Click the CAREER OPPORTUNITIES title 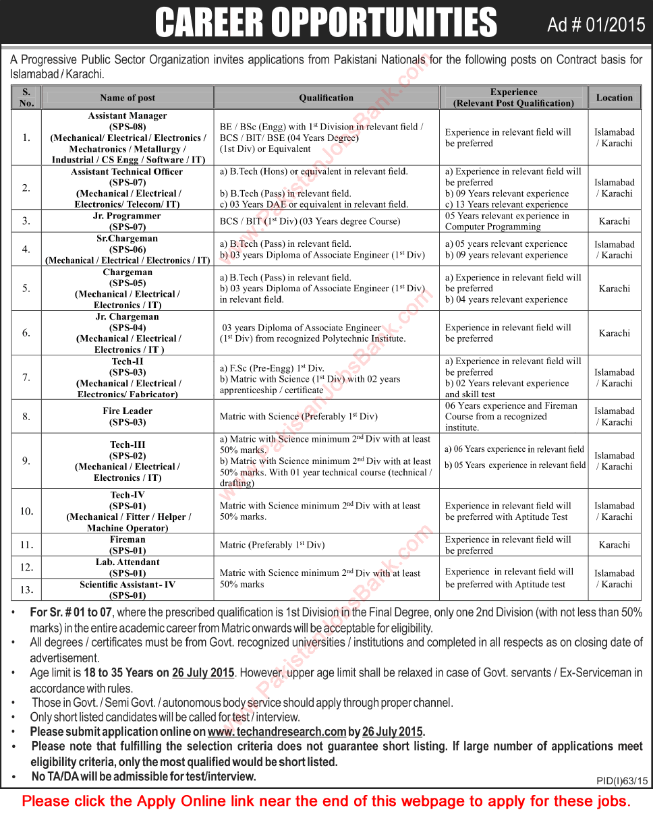pyautogui.click(x=326, y=23)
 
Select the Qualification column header pyautogui.click(x=326, y=98)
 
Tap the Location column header pyautogui.click(x=614, y=98)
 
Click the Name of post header pyautogui.click(x=127, y=98)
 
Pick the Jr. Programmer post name pyautogui.click(x=127, y=216)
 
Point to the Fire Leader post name pyautogui.click(x=127, y=411)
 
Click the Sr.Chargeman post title pyautogui.click(x=127, y=238)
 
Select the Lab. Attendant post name pyautogui.click(x=127, y=562)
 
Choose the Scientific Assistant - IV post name pyautogui.click(x=127, y=585)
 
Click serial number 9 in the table pyautogui.click(x=26, y=461)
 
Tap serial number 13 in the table pyautogui.click(x=26, y=589)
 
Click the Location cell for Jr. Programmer pyautogui.click(x=614, y=221)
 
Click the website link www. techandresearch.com pyautogui.click(x=277, y=732)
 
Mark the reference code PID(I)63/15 pyautogui.click(x=622, y=780)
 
